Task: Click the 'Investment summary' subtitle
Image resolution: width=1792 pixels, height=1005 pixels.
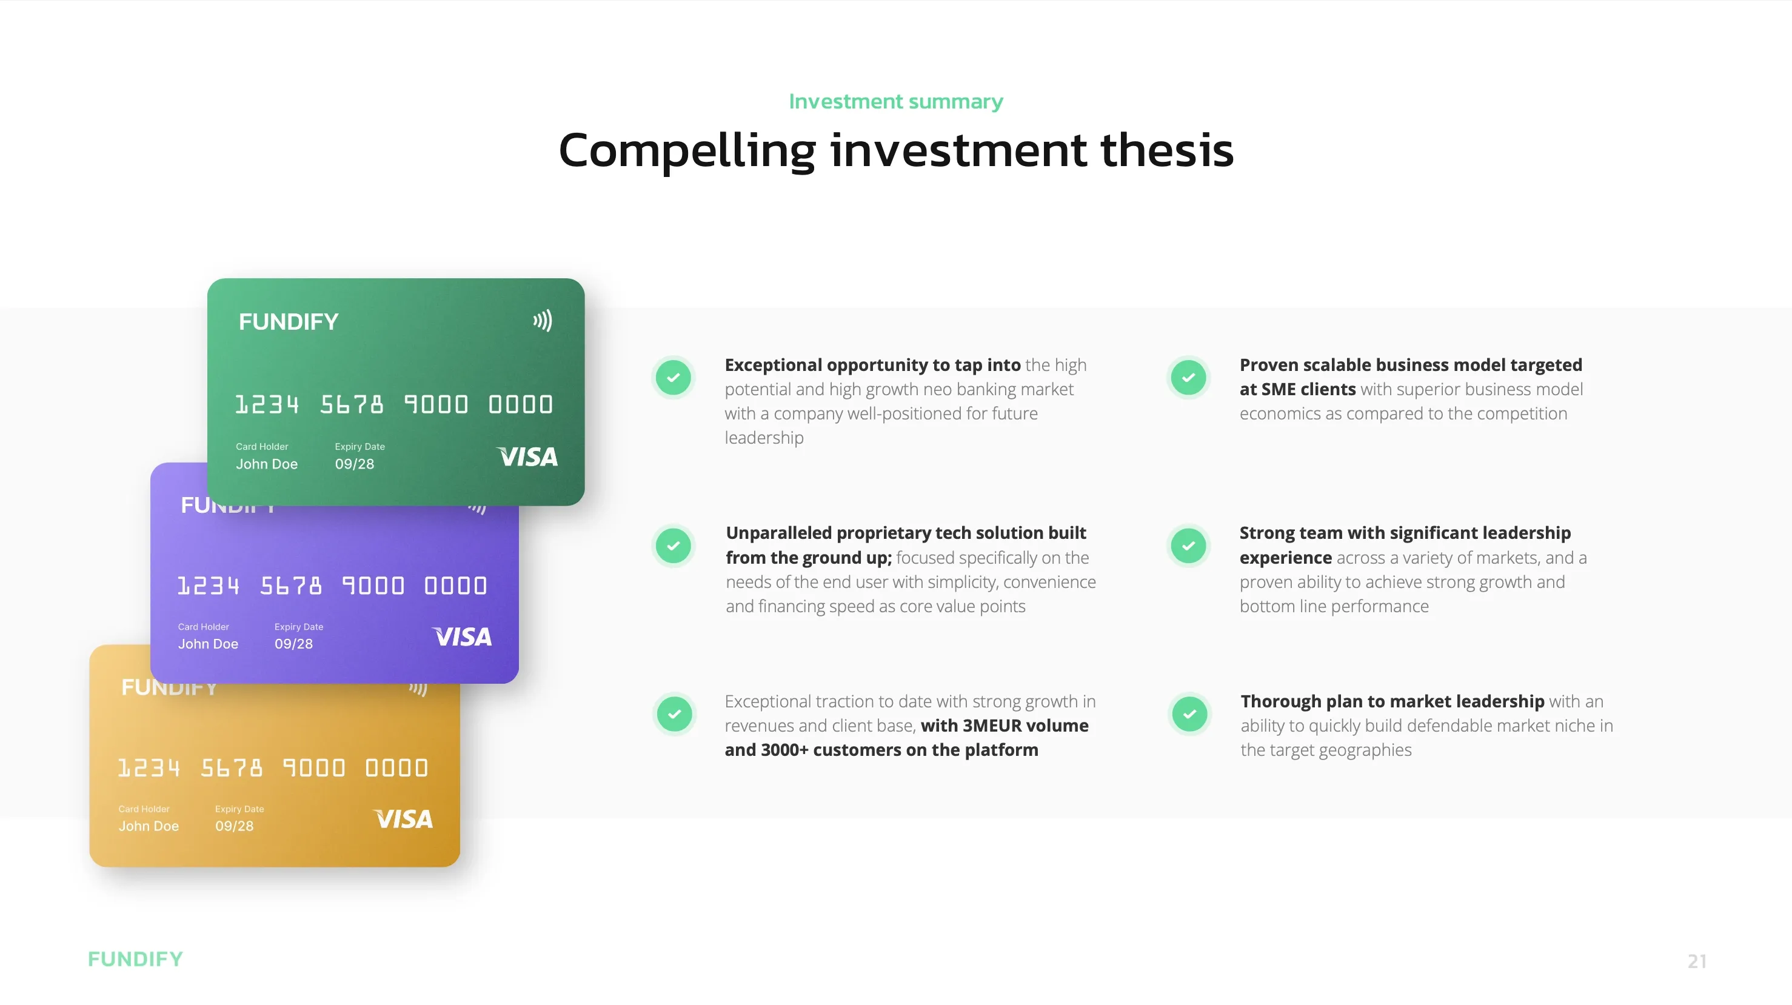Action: coord(896,102)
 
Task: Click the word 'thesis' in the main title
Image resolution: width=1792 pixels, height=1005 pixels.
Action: coord(1166,150)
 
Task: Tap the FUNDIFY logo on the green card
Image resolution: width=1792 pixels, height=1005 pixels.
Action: coord(289,321)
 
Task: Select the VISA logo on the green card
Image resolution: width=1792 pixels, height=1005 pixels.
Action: coord(527,456)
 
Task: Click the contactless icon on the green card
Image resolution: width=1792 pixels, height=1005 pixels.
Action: coord(543,321)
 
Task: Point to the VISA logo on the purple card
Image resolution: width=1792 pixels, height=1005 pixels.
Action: coord(462,636)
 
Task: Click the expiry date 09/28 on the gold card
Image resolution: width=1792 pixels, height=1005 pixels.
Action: coord(235,826)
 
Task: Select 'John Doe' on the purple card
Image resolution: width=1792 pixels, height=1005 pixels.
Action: coord(208,644)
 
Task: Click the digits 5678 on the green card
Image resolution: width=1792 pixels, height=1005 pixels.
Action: coord(352,404)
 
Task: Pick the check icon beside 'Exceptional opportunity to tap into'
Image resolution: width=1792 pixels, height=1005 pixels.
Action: coord(674,378)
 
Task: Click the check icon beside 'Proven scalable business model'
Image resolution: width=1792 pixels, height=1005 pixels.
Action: coord(1188,378)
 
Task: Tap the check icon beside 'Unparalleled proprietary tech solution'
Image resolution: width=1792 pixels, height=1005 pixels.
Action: coord(674,546)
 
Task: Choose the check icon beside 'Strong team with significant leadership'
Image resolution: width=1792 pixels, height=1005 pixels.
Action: coord(1188,546)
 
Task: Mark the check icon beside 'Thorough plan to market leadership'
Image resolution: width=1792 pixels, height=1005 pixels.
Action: coord(1189,713)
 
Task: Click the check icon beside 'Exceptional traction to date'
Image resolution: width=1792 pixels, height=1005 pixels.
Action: coord(675,713)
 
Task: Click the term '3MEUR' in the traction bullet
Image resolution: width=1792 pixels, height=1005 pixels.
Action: coord(991,726)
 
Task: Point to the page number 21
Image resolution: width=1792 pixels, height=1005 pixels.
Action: coord(1697,961)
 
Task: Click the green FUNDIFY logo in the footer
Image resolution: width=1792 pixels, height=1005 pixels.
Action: coord(136,959)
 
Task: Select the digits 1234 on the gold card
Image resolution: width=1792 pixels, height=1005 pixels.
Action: coord(149,768)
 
